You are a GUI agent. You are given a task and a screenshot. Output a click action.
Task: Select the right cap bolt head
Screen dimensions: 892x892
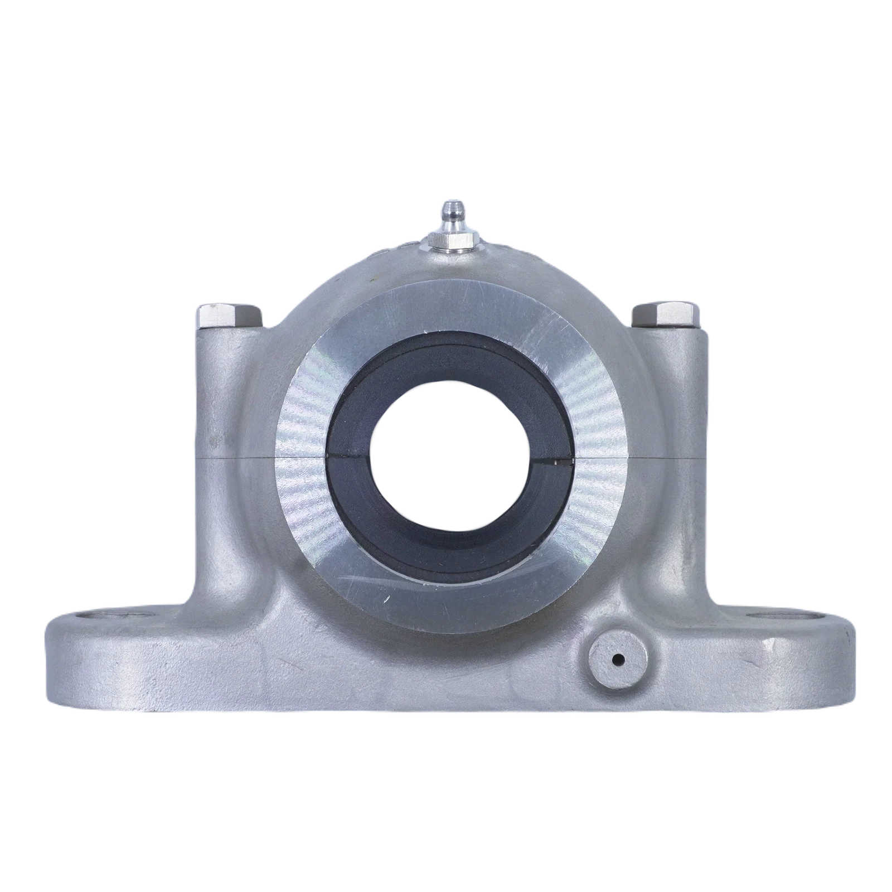[663, 316]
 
